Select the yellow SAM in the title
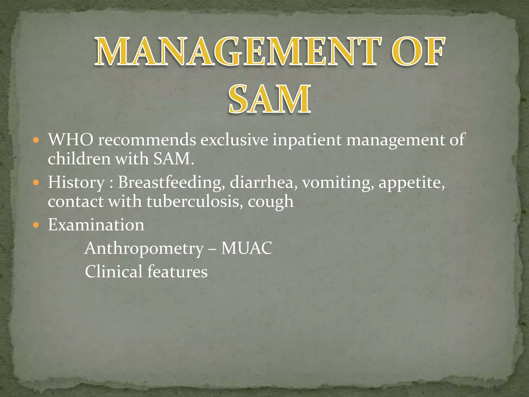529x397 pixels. [269, 99]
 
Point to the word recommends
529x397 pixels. [147, 140]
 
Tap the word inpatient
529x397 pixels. [307, 140]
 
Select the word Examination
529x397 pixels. [96, 225]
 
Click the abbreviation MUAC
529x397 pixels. [247, 248]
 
